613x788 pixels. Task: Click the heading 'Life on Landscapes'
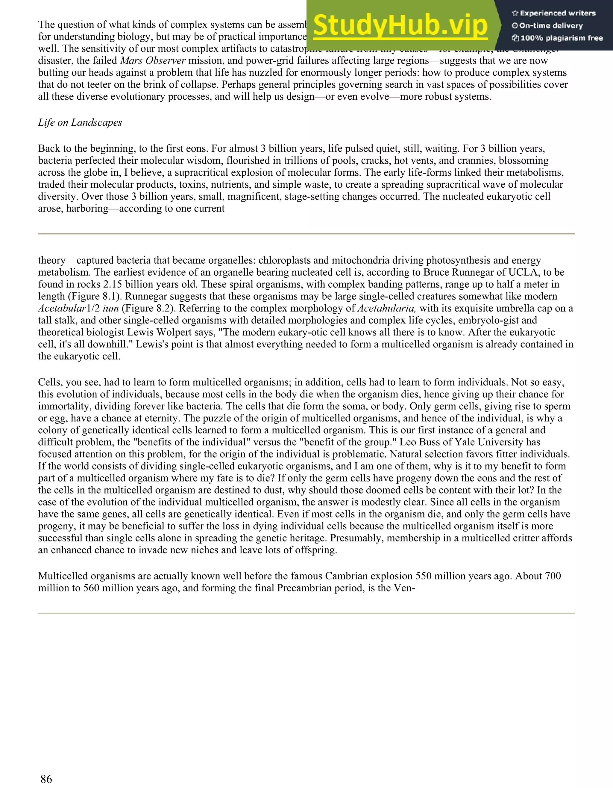[80, 123]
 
